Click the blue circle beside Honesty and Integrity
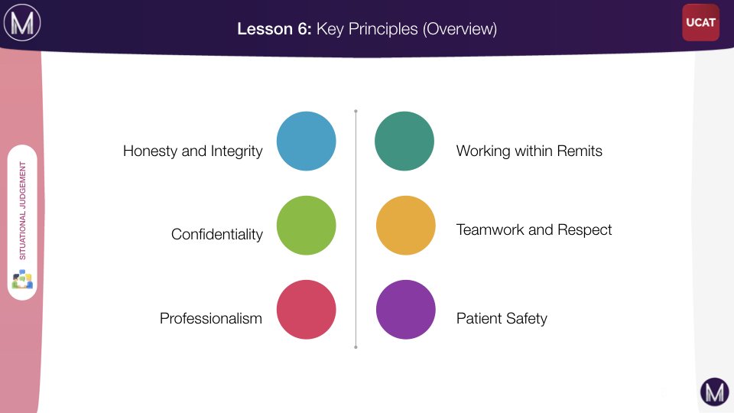306,141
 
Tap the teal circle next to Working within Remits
404,141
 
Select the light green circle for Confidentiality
306,225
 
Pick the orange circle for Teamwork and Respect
406,225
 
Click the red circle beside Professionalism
306,310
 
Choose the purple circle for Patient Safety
406,310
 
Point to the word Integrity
236,151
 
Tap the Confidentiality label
216,234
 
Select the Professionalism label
211,318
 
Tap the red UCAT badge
700,22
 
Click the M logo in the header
22,22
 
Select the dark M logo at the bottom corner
714,392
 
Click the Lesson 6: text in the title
274,29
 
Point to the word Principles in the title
383,29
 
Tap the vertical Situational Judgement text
22,211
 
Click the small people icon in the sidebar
22,279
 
